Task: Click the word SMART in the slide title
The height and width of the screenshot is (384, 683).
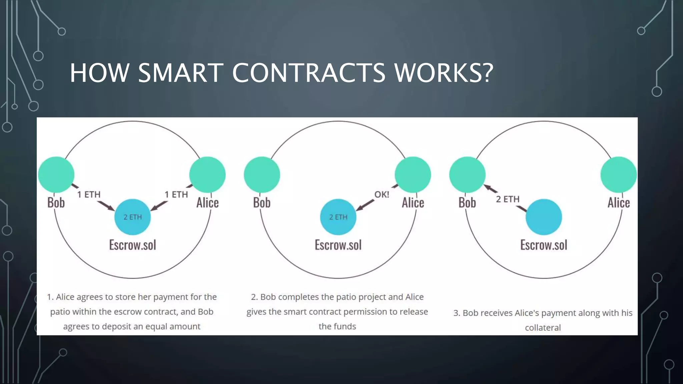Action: coord(180,73)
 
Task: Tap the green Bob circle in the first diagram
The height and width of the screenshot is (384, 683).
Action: coord(56,175)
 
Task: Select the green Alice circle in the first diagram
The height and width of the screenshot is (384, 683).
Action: coord(207,175)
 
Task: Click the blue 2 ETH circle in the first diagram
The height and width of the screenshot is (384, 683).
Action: coord(132,217)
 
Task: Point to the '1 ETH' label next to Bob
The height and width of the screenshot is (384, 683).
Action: coord(89,195)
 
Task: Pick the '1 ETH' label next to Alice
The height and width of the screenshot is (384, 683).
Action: coord(176,195)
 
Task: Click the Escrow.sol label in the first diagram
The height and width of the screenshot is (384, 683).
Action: coord(132,245)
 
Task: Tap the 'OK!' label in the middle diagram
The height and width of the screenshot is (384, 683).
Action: coord(382,195)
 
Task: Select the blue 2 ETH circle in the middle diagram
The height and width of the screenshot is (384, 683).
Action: coord(338,217)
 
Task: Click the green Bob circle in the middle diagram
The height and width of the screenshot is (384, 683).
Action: coord(262,175)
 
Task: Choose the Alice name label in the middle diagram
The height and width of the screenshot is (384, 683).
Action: coord(413,203)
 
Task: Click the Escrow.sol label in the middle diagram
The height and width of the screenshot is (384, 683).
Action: coord(338,245)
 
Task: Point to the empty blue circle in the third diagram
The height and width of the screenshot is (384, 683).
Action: coord(544,217)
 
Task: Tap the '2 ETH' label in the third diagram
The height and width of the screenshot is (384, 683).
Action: coord(508,199)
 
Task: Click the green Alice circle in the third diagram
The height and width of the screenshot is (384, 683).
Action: coord(619,175)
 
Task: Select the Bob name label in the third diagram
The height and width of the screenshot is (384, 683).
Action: coord(467,203)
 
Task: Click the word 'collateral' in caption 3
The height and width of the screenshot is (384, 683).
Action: coord(543,328)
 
